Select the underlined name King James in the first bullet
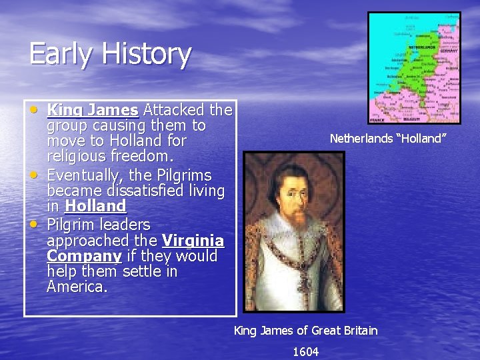pos(93,109)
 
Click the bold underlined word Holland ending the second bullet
pos(95,206)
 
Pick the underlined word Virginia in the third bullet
pos(193,240)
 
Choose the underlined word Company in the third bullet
pos(85,256)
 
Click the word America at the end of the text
pos(76,287)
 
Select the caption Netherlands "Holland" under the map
pos(387,139)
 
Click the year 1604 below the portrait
pos(305,351)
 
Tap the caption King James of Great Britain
pos(305,331)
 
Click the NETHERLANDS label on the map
pos(421,48)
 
